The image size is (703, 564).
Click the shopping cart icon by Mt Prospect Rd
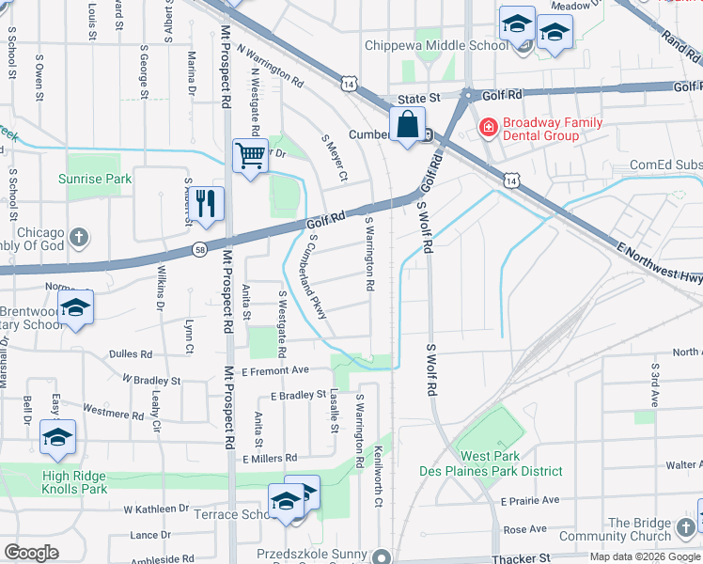point(250,155)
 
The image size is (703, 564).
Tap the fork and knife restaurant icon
point(209,202)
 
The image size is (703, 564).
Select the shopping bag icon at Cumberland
point(408,124)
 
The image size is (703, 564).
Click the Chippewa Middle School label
point(437,45)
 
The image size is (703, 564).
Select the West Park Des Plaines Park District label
point(499,463)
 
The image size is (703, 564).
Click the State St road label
point(418,97)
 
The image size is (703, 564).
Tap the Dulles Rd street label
point(131,355)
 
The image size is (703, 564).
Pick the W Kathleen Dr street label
point(156,509)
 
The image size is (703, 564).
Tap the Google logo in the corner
point(31,554)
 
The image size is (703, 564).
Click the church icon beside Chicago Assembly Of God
point(80,235)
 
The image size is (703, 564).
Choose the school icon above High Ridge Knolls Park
point(57,437)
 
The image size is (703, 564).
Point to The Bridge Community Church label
point(651,530)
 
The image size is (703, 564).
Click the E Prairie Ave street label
point(530,501)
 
